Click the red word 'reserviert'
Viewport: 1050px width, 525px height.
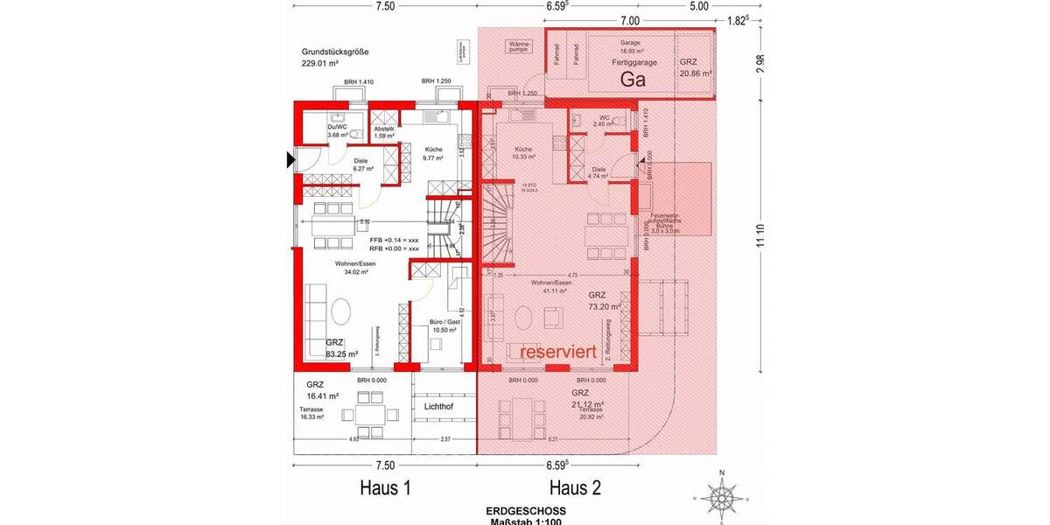[558, 352]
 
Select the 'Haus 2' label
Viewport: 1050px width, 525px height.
[575, 486]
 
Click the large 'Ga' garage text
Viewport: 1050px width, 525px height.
[633, 80]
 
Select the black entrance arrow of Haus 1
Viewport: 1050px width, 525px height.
[290, 159]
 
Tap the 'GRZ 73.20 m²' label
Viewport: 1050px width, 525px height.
[604, 301]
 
